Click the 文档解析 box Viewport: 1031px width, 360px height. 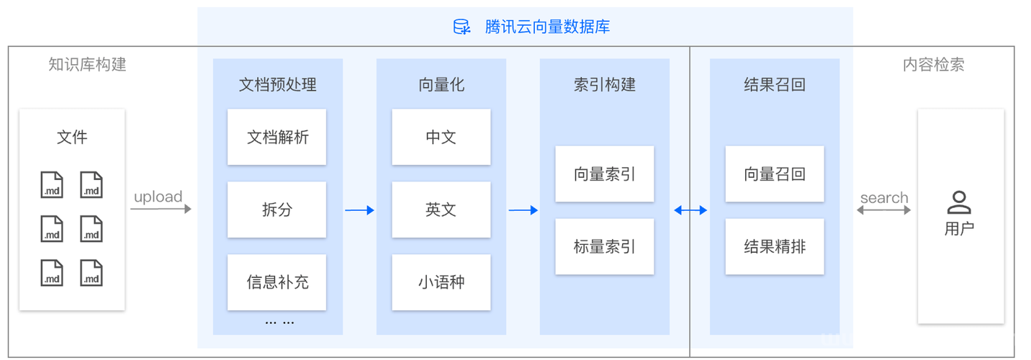(x=276, y=137)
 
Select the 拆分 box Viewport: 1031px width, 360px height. (x=276, y=210)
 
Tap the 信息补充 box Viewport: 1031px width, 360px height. (x=276, y=282)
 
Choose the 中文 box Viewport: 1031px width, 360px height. (x=441, y=137)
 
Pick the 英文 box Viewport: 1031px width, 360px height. (x=441, y=210)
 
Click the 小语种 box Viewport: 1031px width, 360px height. (x=441, y=282)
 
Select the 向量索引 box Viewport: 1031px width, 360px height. (x=604, y=174)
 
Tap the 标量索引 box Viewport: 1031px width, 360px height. (x=604, y=247)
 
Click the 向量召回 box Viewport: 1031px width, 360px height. (x=775, y=174)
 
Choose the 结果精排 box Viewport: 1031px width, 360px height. (x=775, y=247)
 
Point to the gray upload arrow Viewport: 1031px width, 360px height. (x=161, y=209)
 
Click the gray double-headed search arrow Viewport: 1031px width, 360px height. (x=883, y=210)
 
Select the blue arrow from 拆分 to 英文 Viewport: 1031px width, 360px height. (x=359, y=210)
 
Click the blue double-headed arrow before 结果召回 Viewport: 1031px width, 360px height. (x=690, y=210)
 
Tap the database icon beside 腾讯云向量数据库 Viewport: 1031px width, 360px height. (x=462, y=27)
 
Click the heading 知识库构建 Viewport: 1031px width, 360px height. (x=87, y=65)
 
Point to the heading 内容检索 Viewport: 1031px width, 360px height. (x=933, y=65)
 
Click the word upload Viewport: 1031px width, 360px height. (x=158, y=197)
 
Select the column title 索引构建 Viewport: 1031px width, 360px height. (x=604, y=85)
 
